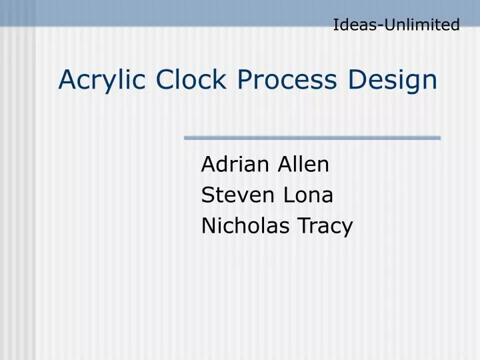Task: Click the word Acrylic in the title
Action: click(103, 80)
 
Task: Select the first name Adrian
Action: click(231, 164)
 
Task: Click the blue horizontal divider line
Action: click(312, 138)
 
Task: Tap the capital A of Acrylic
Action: click(66, 79)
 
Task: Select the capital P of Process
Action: click(244, 79)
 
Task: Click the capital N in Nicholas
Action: click(207, 227)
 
